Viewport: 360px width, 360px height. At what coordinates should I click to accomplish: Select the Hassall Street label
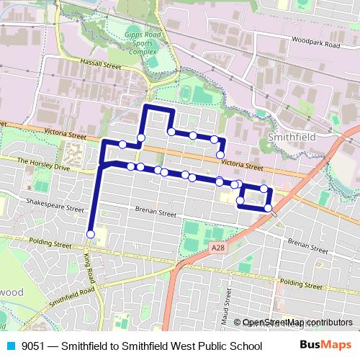click(101, 66)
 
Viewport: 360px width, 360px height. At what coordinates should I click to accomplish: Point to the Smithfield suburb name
click(287, 135)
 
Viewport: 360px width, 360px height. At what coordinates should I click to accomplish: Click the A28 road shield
click(218, 248)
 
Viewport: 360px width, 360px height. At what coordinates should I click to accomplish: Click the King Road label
click(89, 269)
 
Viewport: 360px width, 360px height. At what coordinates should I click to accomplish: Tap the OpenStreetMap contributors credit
click(297, 323)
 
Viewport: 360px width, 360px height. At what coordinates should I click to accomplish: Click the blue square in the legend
click(10, 346)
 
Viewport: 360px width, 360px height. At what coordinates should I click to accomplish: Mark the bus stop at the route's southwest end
click(91, 234)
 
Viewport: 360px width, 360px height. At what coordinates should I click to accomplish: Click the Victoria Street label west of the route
click(64, 134)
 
